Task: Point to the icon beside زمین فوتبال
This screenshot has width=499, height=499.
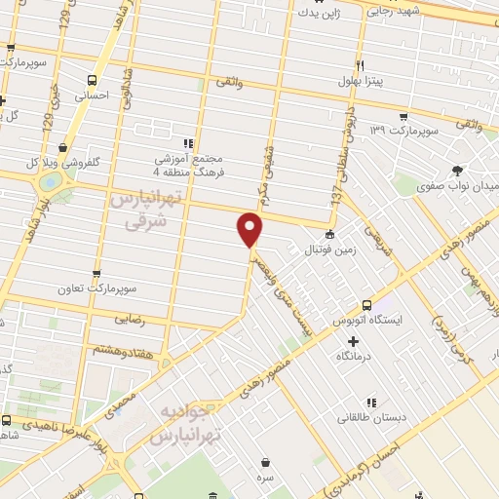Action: (x=329, y=234)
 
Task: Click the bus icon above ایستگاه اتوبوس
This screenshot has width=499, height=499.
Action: (x=366, y=304)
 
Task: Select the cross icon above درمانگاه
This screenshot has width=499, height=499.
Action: (x=353, y=342)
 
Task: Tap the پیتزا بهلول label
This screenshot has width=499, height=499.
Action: (x=357, y=81)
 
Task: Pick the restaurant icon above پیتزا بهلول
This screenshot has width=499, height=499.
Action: (x=360, y=64)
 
